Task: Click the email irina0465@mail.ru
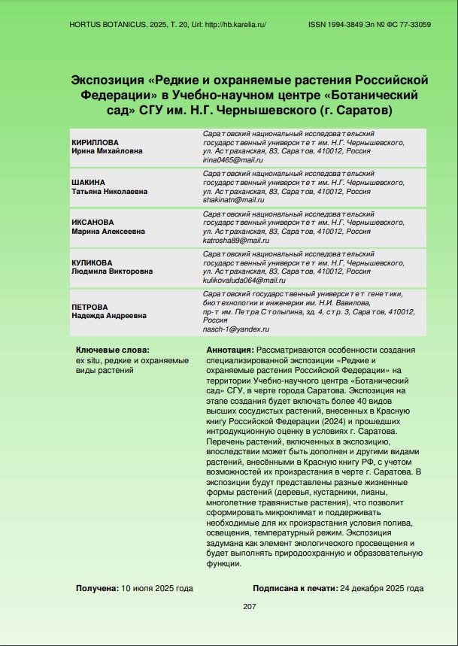pyautogui.click(x=233, y=160)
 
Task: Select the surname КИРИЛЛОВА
pyautogui.click(x=96, y=142)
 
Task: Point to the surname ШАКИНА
pyautogui.click(x=89, y=183)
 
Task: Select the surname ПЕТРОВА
pyautogui.click(x=90, y=308)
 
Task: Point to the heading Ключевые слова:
pyautogui.click(x=112, y=350)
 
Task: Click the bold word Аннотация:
pyautogui.click(x=229, y=350)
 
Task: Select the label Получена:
pyautogui.click(x=97, y=588)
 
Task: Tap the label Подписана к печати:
pyautogui.click(x=295, y=588)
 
